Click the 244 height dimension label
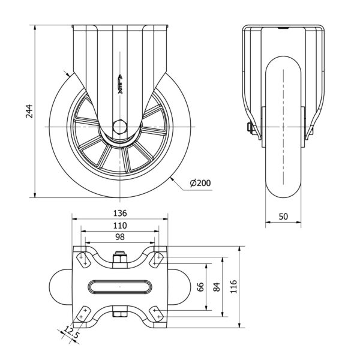pyautogui.click(x=28, y=111)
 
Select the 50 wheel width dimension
pyautogui.click(x=284, y=215)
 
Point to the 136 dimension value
pyautogui.click(x=120, y=213)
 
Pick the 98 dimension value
pyautogui.click(x=120, y=237)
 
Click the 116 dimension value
pyautogui.click(x=235, y=287)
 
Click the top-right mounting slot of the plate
pyautogui.click(x=157, y=259)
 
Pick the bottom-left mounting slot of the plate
pyautogui.click(x=83, y=314)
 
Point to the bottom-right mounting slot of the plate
pyautogui.click(x=157, y=314)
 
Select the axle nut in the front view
pyautogui.click(x=248, y=128)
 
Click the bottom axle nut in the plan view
pyautogui.click(x=120, y=314)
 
